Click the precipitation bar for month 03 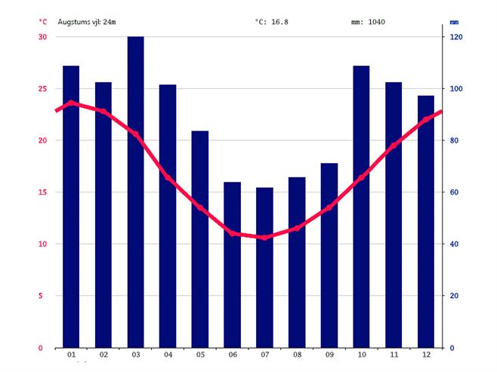(x=135, y=192)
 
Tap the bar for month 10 (x=361, y=207)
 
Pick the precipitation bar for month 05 (x=199, y=239)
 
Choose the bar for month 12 (x=426, y=222)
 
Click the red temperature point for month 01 (x=71, y=103)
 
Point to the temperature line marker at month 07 (x=264, y=237)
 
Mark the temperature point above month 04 (x=168, y=178)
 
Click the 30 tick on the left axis (x=42, y=37)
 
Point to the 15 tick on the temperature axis (x=42, y=192)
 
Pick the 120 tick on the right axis (x=456, y=37)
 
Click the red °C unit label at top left (x=43, y=22)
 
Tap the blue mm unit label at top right (x=454, y=22)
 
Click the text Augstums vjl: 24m (x=87, y=22)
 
